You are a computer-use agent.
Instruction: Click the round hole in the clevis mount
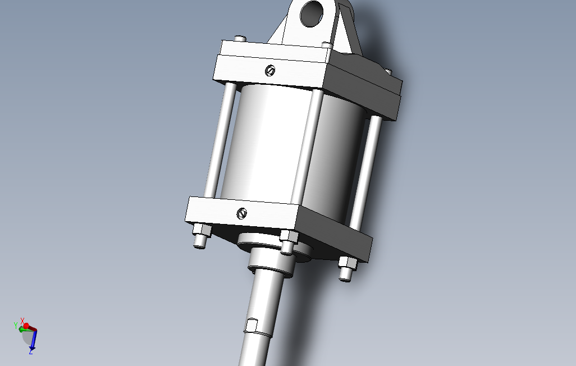click(x=312, y=13)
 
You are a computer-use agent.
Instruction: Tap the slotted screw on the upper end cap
click(x=270, y=71)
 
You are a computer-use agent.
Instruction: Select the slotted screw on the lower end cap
click(x=242, y=213)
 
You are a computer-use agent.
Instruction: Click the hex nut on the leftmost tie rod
click(x=202, y=230)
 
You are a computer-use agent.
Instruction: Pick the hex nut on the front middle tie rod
click(x=289, y=236)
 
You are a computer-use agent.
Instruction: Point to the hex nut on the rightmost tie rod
click(x=347, y=263)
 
